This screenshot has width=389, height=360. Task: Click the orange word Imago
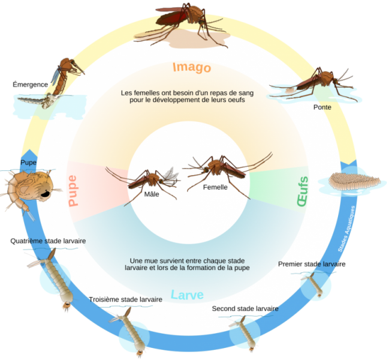(192, 67)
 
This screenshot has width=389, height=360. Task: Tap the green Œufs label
(303, 191)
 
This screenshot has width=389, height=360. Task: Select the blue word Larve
(187, 295)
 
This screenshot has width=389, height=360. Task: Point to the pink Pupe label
(73, 191)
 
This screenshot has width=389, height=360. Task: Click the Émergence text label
(30, 85)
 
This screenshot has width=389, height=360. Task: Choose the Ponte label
(322, 107)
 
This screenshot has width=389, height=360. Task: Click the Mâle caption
(152, 194)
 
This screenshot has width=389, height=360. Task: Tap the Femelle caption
(215, 187)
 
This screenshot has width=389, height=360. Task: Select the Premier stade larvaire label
(312, 264)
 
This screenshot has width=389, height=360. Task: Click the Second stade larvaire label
(245, 308)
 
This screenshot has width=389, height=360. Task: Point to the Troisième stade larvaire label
(125, 299)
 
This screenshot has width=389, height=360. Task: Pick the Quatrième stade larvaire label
(48, 241)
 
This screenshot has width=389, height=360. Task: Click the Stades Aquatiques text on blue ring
(346, 229)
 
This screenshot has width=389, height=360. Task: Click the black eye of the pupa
(45, 194)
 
